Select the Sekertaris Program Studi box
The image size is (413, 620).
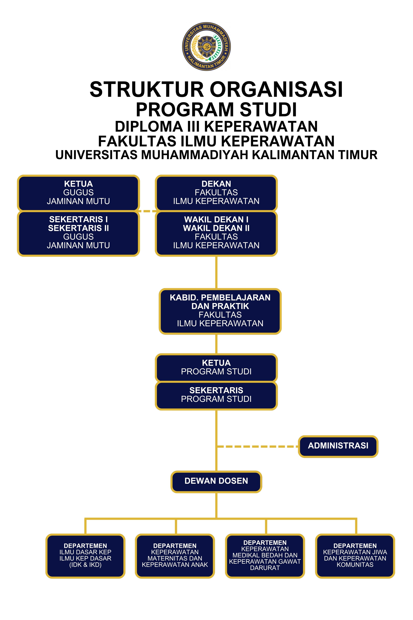pyautogui.click(x=216, y=395)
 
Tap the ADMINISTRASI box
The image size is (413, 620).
pyautogui.click(x=338, y=446)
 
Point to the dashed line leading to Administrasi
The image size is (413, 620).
pyautogui.click(x=257, y=447)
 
